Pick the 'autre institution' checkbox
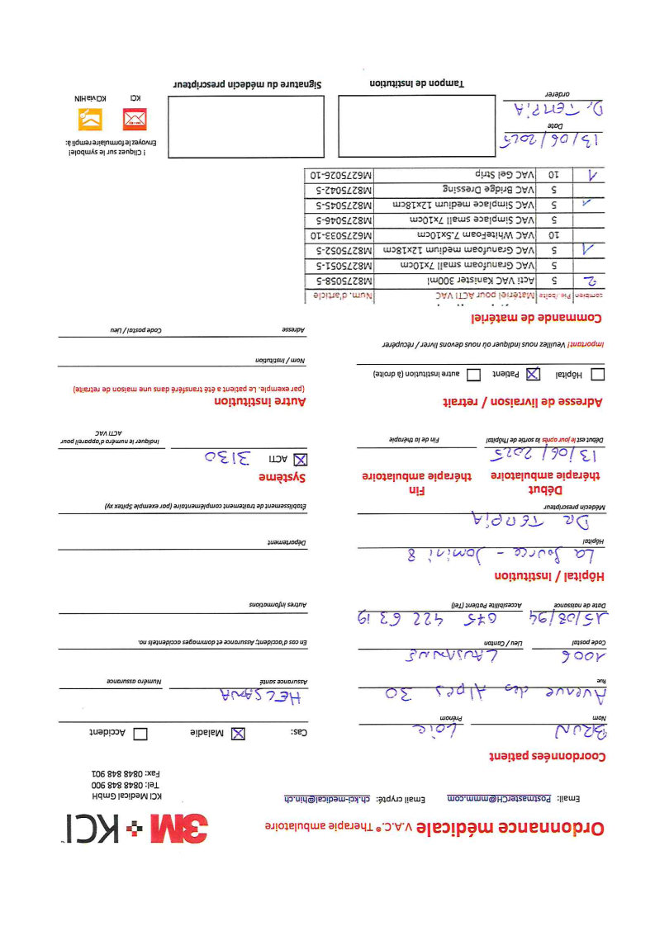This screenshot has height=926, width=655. pos(474,375)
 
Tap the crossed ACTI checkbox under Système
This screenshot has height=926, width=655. pos(301,459)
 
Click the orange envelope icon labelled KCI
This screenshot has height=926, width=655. pos(134,120)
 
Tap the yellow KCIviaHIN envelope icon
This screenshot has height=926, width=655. pos(89,120)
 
